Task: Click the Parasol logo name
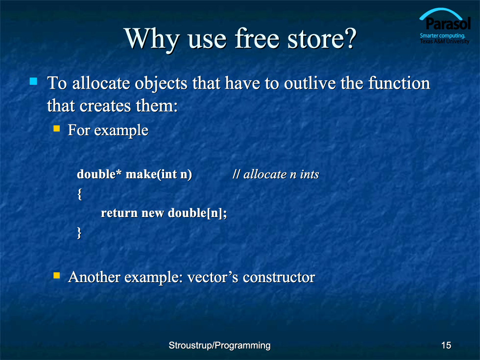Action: coord(448,24)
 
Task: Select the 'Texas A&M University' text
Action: coord(445,41)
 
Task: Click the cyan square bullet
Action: coord(33,81)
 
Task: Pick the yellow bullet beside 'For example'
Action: coord(57,128)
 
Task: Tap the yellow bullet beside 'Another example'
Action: coord(57,275)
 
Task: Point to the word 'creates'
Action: coord(105,106)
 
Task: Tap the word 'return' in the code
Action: coord(119,213)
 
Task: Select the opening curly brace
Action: coord(79,194)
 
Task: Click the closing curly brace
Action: coord(79,233)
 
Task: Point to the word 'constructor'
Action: coord(279,277)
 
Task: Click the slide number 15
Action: coord(446,345)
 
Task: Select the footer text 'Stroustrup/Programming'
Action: coord(219,346)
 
